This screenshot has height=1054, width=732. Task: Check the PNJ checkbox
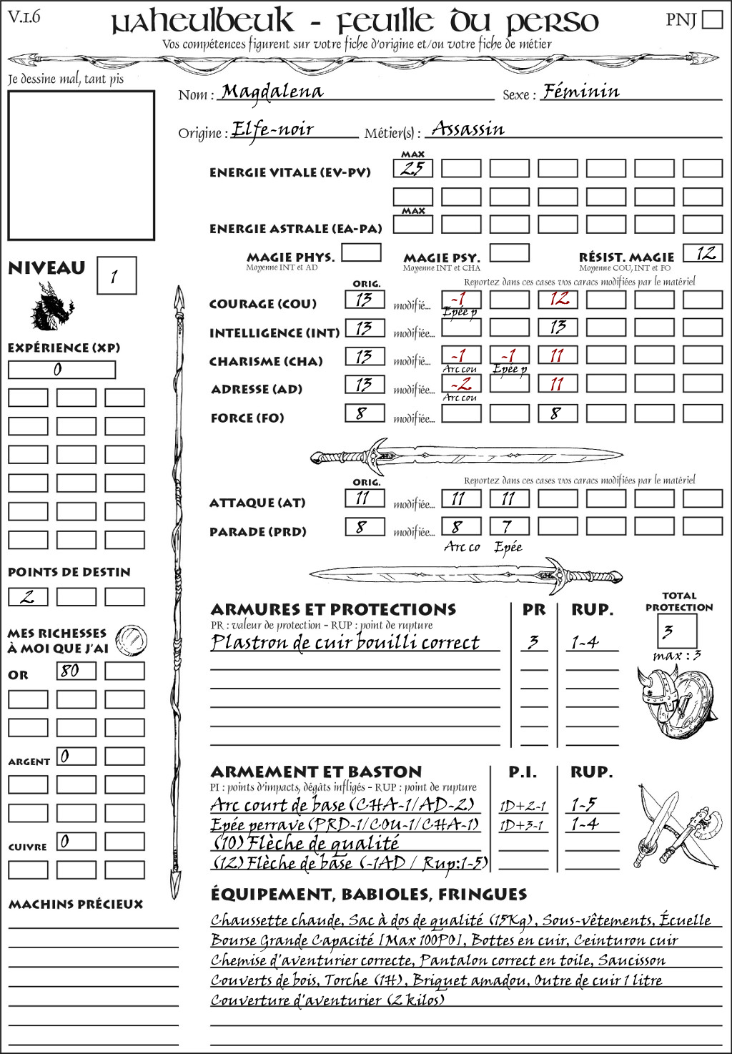pos(712,19)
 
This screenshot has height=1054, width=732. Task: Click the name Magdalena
pos(272,92)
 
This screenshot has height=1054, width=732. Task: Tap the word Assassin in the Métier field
pos(468,129)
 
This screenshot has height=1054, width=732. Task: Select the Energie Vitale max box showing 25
pos(412,169)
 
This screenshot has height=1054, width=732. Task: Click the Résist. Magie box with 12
pos(702,253)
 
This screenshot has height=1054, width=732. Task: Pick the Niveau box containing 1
pos(116,276)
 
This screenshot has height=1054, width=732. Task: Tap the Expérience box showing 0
pos(61,370)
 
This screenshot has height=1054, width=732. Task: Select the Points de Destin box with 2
pos(28,596)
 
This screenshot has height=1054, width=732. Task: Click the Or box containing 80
pos(76,671)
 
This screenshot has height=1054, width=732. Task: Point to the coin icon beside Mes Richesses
pos(131,639)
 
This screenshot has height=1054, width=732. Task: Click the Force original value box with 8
pos(365,413)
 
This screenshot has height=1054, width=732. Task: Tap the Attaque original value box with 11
pos(365,498)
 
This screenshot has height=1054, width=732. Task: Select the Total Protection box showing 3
pos(676,631)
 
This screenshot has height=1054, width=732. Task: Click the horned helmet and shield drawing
pos(674,701)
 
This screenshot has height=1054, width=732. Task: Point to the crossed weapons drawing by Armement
pos(676,828)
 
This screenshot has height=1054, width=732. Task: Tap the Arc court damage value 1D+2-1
pos(523,806)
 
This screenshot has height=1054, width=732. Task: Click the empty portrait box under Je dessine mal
pos(81,165)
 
